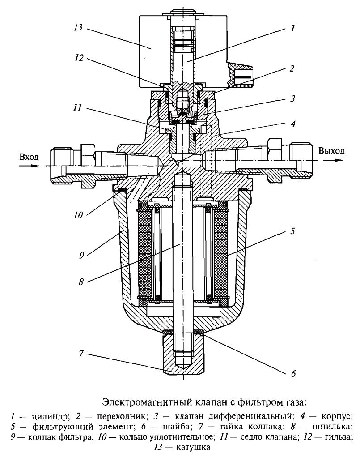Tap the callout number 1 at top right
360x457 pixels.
tap(292, 28)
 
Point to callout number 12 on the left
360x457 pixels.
tap(79, 58)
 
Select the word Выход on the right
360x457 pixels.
tap(331, 150)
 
